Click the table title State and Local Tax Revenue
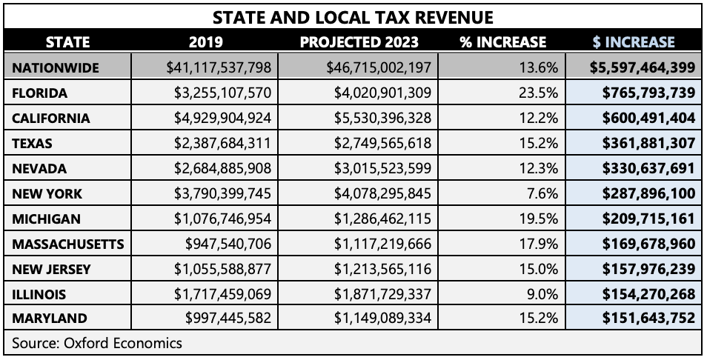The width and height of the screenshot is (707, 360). (353, 16)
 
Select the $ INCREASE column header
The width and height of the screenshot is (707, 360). (634, 41)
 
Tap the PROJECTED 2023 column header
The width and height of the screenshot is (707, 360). (359, 41)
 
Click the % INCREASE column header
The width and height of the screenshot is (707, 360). (502, 41)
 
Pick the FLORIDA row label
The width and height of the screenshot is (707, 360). (39, 93)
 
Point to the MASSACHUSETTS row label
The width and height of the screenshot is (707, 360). (67, 244)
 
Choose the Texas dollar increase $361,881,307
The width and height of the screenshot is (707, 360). (643, 143)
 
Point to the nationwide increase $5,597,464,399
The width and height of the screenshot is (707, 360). (643, 67)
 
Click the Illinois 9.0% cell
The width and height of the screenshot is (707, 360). (542, 294)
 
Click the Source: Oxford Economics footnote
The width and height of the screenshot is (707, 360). (96, 343)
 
